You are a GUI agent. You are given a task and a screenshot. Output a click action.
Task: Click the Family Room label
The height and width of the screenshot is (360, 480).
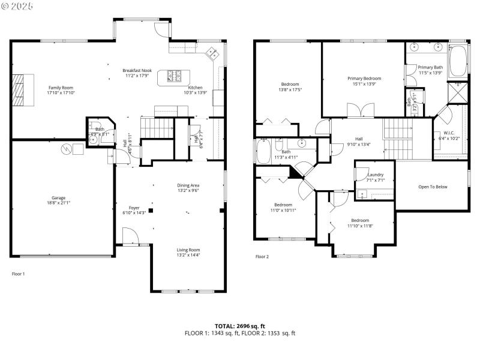point(61,88)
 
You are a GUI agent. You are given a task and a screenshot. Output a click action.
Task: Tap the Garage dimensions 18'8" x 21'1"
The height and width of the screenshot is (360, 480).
point(58,203)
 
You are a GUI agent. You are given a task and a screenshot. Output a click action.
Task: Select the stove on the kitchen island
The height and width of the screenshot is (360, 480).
point(174,76)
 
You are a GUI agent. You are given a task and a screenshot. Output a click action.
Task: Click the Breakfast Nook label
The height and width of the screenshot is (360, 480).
point(136,70)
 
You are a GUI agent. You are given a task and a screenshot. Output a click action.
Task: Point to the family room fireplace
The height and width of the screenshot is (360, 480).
point(20,89)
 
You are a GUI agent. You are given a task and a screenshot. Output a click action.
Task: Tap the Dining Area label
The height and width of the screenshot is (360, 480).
point(188,185)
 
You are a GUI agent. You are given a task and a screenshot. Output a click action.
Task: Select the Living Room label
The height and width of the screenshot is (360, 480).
point(188,250)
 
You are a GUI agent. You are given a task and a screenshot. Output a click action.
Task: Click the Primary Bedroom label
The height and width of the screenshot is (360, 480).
point(364,79)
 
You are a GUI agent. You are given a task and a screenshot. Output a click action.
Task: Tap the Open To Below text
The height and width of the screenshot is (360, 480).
point(433,187)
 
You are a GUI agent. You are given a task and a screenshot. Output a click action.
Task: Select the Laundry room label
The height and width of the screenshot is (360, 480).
point(376,175)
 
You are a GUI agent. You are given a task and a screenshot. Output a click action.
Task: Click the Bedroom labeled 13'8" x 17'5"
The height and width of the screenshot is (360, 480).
point(290,84)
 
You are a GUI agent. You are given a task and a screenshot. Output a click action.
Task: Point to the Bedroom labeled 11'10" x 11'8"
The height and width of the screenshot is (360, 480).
point(360,220)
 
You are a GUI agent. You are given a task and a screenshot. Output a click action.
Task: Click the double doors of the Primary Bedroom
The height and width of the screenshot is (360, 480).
point(362,110)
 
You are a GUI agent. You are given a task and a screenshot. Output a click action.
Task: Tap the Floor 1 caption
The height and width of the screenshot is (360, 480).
point(19,274)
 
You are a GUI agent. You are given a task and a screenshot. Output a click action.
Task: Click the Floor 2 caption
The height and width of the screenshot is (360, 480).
point(262,256)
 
